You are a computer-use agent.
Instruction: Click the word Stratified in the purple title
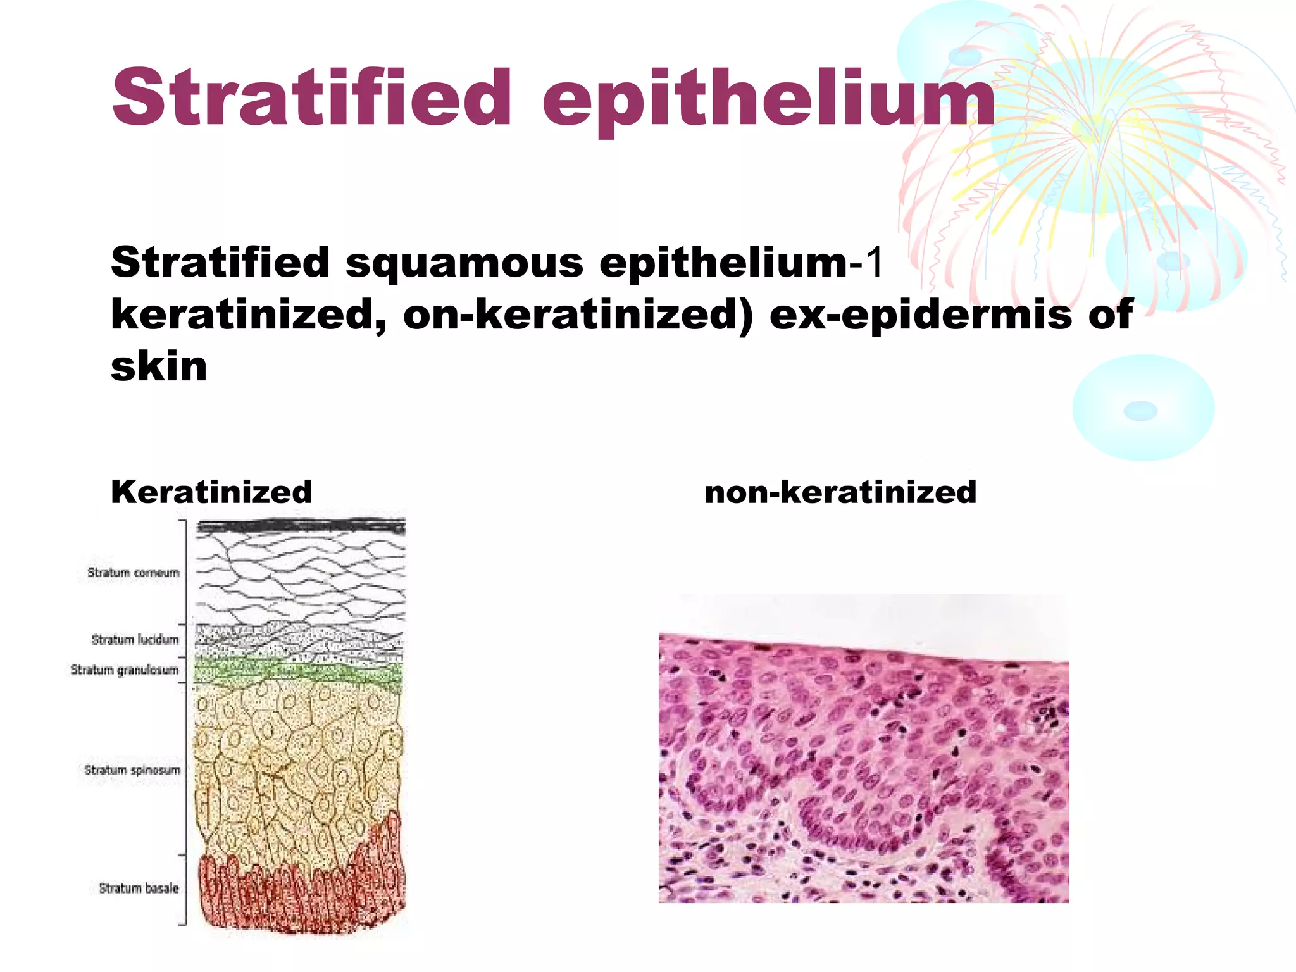click(x=310, y=98)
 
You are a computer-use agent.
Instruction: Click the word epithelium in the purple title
click(x=769, y=101)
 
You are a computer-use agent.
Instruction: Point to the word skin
click(x=159, y=366)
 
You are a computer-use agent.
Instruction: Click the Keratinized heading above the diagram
click(x=211, y=492)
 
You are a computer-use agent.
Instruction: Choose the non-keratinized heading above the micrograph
click(x=840, y=492)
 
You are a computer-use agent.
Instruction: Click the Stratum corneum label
click(x=134, y=573)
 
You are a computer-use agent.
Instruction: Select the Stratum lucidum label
click(x=135, y=640)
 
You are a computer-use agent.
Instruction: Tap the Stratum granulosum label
click(x=125, y=670)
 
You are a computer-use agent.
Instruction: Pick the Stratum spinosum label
click(x=132, y=770)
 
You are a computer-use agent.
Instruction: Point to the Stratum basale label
click(x=139, y=888)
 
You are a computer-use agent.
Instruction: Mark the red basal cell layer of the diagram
click(x=297, y=892)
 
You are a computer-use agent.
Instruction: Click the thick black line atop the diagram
click(x=301, y=526)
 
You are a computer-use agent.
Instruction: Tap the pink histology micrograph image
click(x=864, y=759)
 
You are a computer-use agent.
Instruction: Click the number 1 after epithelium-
click(x=875, y=262)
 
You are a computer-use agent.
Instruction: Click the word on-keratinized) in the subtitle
click(x=578, y=315)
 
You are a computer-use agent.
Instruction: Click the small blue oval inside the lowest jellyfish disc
click(x=1140, y=411)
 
